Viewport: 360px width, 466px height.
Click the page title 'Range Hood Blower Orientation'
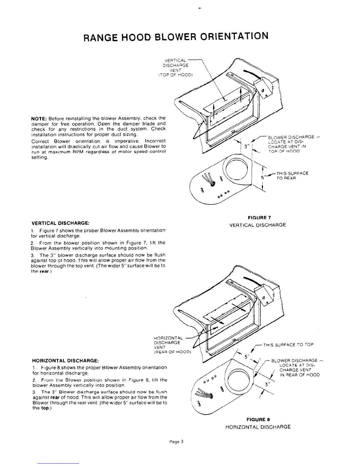[176, 36]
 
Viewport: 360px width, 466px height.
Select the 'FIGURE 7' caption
[259, 218]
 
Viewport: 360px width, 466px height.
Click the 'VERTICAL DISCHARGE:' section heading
[61, 223]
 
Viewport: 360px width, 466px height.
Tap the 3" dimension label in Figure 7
[247, 147]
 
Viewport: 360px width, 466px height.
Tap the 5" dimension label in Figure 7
[263, 177]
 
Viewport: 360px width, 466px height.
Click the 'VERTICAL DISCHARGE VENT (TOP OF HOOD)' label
[175, 68]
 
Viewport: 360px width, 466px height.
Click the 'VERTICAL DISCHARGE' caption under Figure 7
[258, 225]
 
